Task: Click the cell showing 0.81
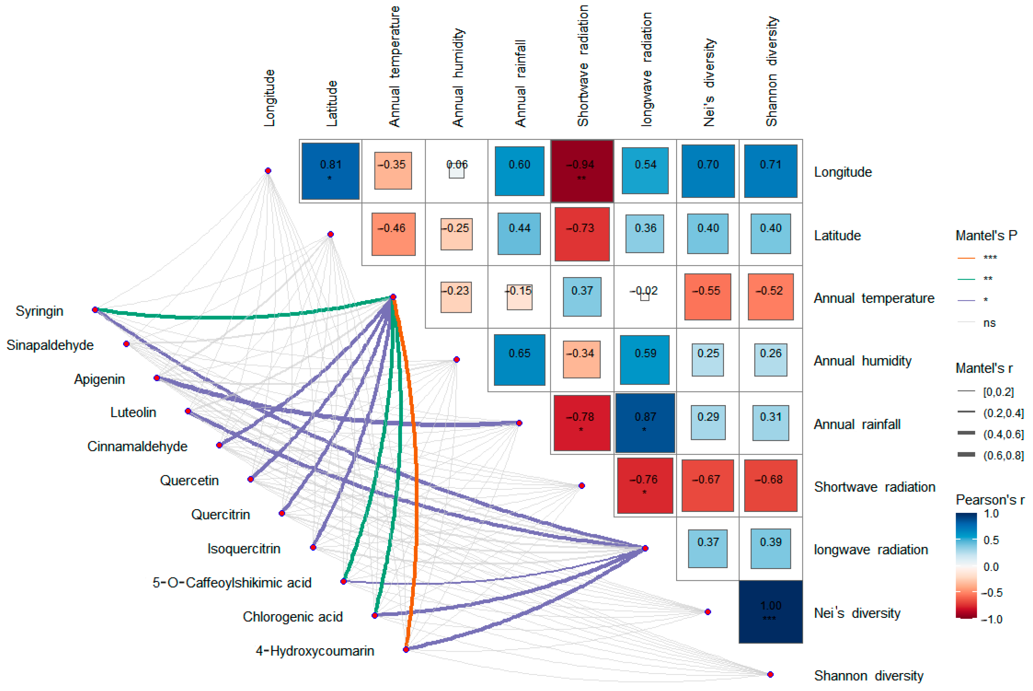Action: [x=330, y=171]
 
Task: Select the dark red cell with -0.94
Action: [x=582, y=171]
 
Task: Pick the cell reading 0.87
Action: [x=645, y=423]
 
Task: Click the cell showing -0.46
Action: [x=393, y=234]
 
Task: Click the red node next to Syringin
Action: [x=95, y=310]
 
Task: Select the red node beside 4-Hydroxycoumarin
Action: [x=406, y=649]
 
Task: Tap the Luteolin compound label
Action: [x=133, y=412]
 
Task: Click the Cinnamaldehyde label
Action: [x=137, y=446]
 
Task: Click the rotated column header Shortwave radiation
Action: [x=582, y=66]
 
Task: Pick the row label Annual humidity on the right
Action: [x=862, y=361]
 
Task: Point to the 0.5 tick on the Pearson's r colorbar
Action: [x=991, y=540]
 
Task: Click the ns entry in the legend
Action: [x=989, y=323]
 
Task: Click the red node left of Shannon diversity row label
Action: [x=770, y=674]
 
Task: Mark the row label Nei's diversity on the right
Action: [x=857, y=613]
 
